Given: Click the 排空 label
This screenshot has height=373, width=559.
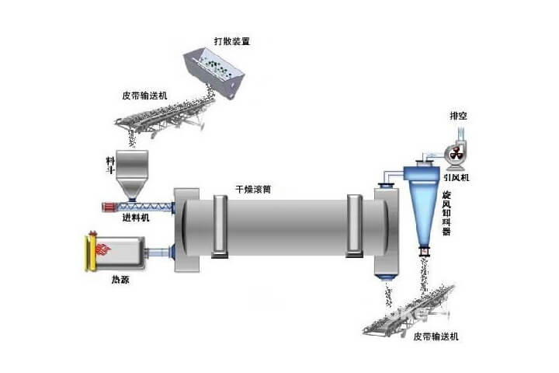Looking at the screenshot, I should click(458, 117).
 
